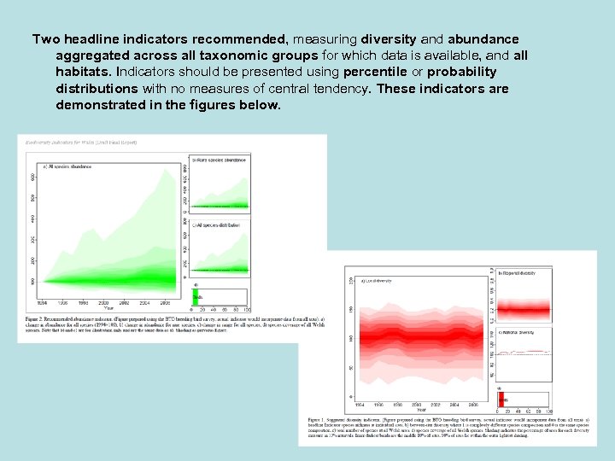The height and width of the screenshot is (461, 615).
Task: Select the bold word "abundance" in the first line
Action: [x=483, y=40]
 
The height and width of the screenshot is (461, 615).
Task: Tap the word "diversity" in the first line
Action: [x=389, y=40]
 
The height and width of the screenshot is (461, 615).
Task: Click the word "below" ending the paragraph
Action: [x=260, y=105]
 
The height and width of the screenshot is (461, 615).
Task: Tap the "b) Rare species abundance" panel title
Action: [x=220, y=160]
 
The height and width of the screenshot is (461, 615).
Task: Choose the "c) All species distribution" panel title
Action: [x=217, y=224]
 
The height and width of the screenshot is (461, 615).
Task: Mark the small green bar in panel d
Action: [x=195, y=295]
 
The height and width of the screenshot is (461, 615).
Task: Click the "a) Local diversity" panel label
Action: [x=376, y=280]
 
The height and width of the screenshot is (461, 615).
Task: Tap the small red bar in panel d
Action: [x=502, y=399]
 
